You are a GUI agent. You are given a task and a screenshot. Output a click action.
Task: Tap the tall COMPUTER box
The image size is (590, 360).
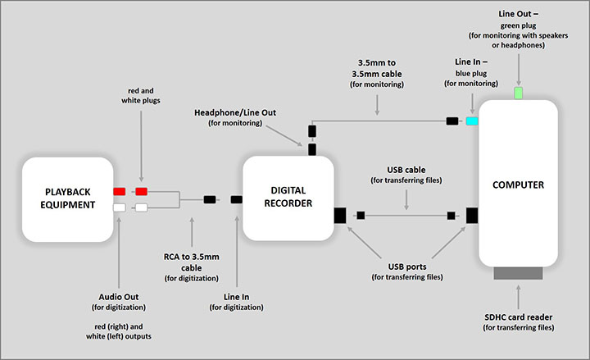click(x=517, y=185)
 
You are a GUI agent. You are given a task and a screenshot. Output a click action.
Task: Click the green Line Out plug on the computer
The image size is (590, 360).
click(x=517, y=93)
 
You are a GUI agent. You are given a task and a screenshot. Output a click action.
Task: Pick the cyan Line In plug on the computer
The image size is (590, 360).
click(x=472, y=121)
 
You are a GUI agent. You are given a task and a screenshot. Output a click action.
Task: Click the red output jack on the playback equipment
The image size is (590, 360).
click(x=119, y=191)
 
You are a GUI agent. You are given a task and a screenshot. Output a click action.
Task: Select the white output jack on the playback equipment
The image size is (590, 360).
click(x=119, y=207)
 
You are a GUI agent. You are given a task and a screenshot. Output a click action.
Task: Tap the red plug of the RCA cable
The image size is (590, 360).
click(x=141, y=191)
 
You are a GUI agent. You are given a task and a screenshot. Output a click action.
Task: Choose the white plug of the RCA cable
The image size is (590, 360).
click(x=141, y=207)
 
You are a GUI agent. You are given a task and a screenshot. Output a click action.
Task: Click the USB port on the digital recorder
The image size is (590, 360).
click(x=339, y=216)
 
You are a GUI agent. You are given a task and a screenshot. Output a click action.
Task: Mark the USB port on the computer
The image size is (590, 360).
click(x=472, y=216)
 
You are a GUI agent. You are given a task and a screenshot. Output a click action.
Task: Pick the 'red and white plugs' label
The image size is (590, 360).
click(x=141, y=93)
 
